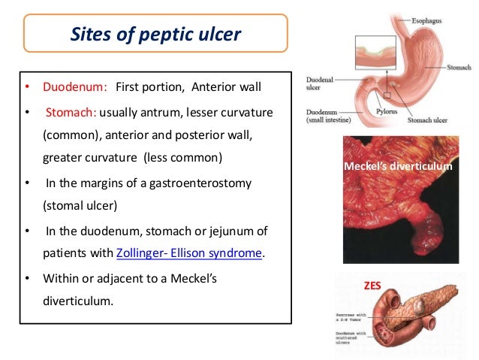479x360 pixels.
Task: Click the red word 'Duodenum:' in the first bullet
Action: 78,86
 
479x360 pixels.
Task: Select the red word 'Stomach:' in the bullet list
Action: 72,113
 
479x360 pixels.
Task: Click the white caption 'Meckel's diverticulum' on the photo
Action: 397,166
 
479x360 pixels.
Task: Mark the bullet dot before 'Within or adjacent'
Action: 28,279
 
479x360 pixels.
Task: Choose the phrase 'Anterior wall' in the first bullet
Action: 226,86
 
